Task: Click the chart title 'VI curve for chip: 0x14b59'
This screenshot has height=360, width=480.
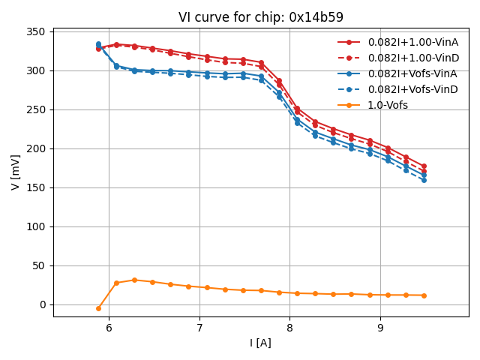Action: (x=261, y=17)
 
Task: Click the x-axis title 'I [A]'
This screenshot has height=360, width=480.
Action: (x=261, y=343)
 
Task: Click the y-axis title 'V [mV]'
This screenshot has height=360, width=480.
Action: (x=16, y=172)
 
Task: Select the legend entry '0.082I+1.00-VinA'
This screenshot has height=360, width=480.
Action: (x=413, y=43)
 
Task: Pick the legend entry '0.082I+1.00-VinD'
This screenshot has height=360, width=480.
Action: (x=413, y=58)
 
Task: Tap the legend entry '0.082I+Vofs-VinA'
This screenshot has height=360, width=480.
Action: (x=413, y=74)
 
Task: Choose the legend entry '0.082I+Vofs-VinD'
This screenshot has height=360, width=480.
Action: (x=413, y=90)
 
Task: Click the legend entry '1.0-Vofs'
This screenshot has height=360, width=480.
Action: (x=388, y=106)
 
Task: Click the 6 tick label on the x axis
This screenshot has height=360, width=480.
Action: (x=109, y=328)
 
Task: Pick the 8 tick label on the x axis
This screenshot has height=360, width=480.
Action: (x=289, y=328)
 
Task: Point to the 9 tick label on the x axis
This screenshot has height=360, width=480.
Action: (x=380, y=328)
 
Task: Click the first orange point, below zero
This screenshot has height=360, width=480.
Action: (x=98, y=308)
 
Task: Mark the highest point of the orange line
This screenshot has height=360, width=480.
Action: (x=134, y=280)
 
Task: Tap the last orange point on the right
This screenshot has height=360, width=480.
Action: (x=424, y=295)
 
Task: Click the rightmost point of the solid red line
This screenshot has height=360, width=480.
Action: (x=424, y=166)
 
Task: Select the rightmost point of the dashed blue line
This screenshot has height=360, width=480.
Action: (x=424, y=180)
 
